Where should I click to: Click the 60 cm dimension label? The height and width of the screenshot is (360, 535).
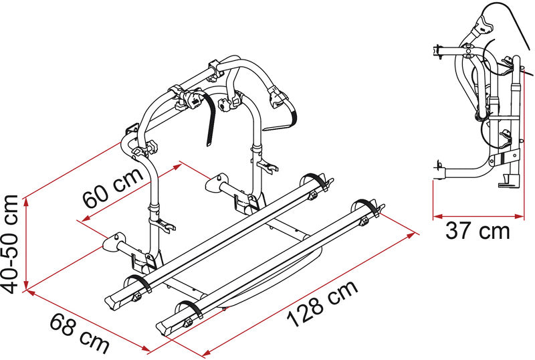point(113,188)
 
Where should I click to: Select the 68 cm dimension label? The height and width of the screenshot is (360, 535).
point(80,333)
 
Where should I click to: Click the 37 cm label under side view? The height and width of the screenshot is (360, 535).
point(477,231)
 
